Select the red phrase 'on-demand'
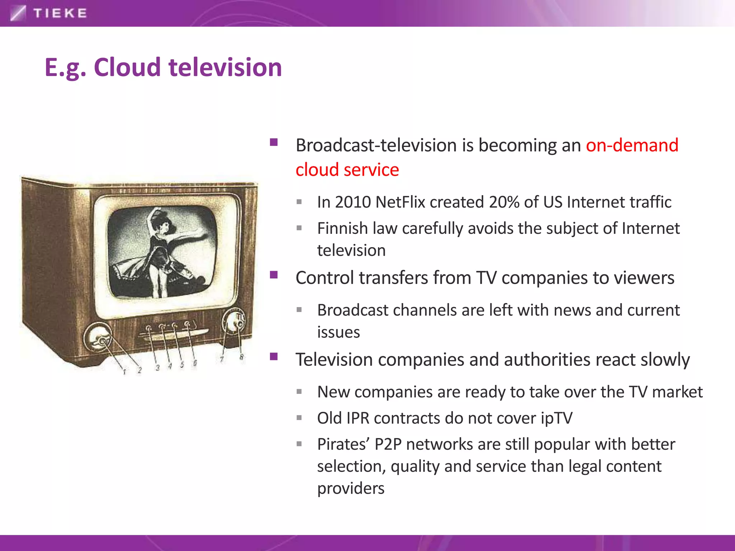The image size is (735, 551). tap(632, 145)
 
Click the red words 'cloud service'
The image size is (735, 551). tap(347, 170)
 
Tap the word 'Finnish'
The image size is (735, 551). tap(342, 229)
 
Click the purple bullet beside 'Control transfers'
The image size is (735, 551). tap(274, 275)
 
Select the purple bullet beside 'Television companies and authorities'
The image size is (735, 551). tap(274, 357)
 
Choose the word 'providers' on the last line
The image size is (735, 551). tap(351, 489)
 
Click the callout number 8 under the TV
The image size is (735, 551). tap(242, 357)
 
